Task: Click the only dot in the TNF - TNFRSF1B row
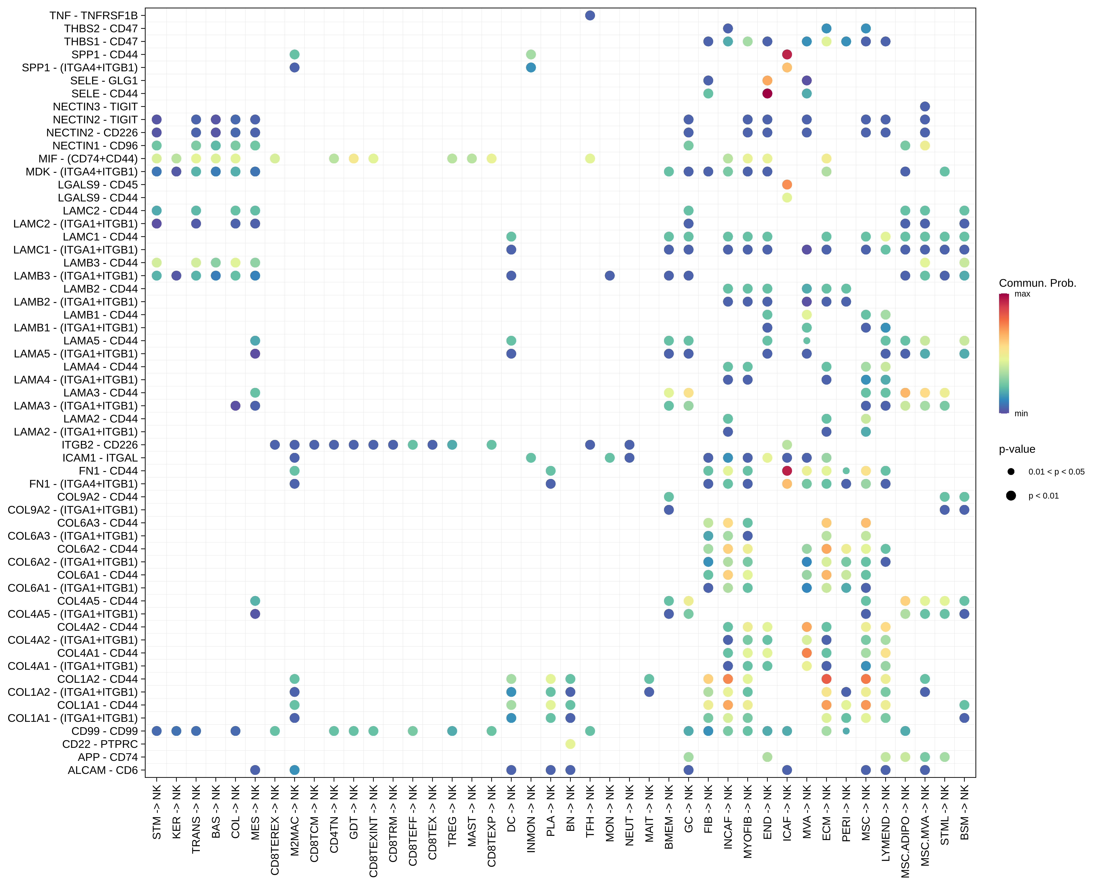(590, 15)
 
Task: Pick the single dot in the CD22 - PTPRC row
(570, 744)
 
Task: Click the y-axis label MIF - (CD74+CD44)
(88, 158)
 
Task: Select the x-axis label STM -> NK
(157, 812)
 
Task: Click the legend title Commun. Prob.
(1037, 283)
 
